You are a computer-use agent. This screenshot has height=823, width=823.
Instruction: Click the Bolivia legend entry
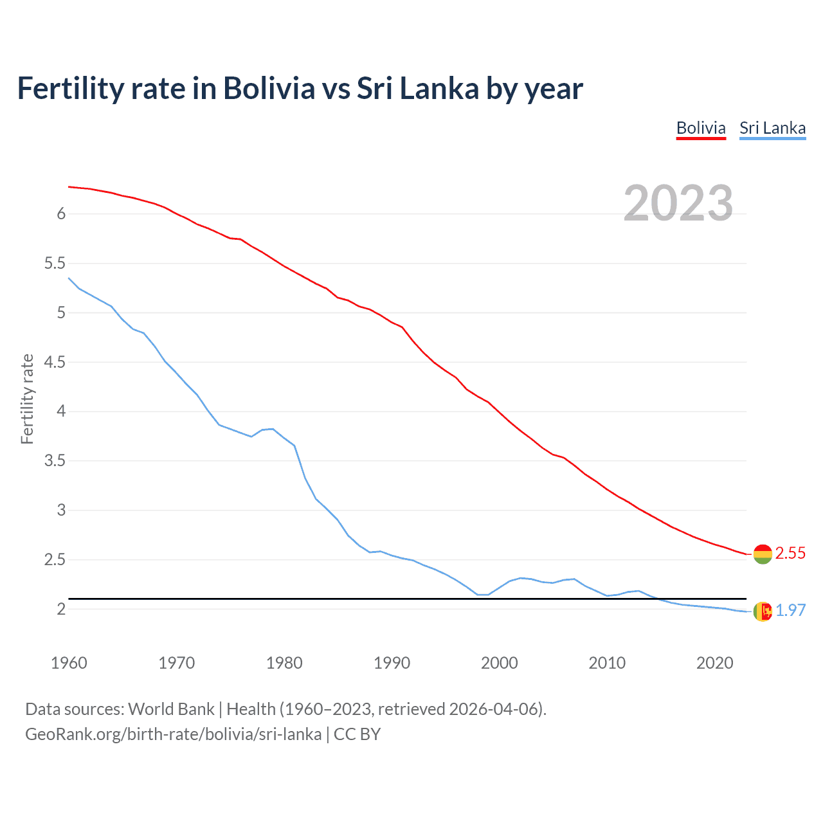[x=701, y=128]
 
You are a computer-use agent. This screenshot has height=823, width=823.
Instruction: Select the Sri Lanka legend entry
[x=772, y=128]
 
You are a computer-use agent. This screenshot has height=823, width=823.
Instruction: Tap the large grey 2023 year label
[x=678, y=203]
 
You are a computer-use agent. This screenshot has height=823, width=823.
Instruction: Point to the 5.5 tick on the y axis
[x=55, y=263]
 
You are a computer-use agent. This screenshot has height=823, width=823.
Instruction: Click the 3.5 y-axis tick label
[x=55, y=460]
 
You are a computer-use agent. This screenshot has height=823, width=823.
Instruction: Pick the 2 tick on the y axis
[x=62, y=609]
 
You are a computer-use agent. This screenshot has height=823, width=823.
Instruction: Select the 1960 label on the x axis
[x=69, y=663]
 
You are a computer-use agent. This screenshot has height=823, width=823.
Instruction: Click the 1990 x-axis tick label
[x=392, y=663]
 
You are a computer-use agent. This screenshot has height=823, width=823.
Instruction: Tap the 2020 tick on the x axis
[x=714, y=663]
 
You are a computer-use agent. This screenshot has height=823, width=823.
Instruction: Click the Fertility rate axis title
[x=27, y=399]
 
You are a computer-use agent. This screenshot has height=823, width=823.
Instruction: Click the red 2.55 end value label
[x=790, y=553]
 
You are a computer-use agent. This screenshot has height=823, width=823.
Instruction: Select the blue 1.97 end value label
[x=790, y=610]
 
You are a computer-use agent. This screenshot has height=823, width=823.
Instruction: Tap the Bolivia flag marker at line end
[x=763, y=554]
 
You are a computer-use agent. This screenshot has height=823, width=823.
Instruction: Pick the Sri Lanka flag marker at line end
[x=763, y=611]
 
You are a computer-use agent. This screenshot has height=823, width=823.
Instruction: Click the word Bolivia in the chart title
[x=269, y=88]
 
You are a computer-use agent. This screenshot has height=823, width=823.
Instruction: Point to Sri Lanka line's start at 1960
[x=69, y=278]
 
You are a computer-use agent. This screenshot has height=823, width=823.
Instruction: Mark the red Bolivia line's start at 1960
[x=69, y=186]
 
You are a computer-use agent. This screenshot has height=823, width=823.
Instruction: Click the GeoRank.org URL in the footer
[x=173, y=734]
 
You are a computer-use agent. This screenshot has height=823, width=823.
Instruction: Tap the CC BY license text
[x=357, y=734]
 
